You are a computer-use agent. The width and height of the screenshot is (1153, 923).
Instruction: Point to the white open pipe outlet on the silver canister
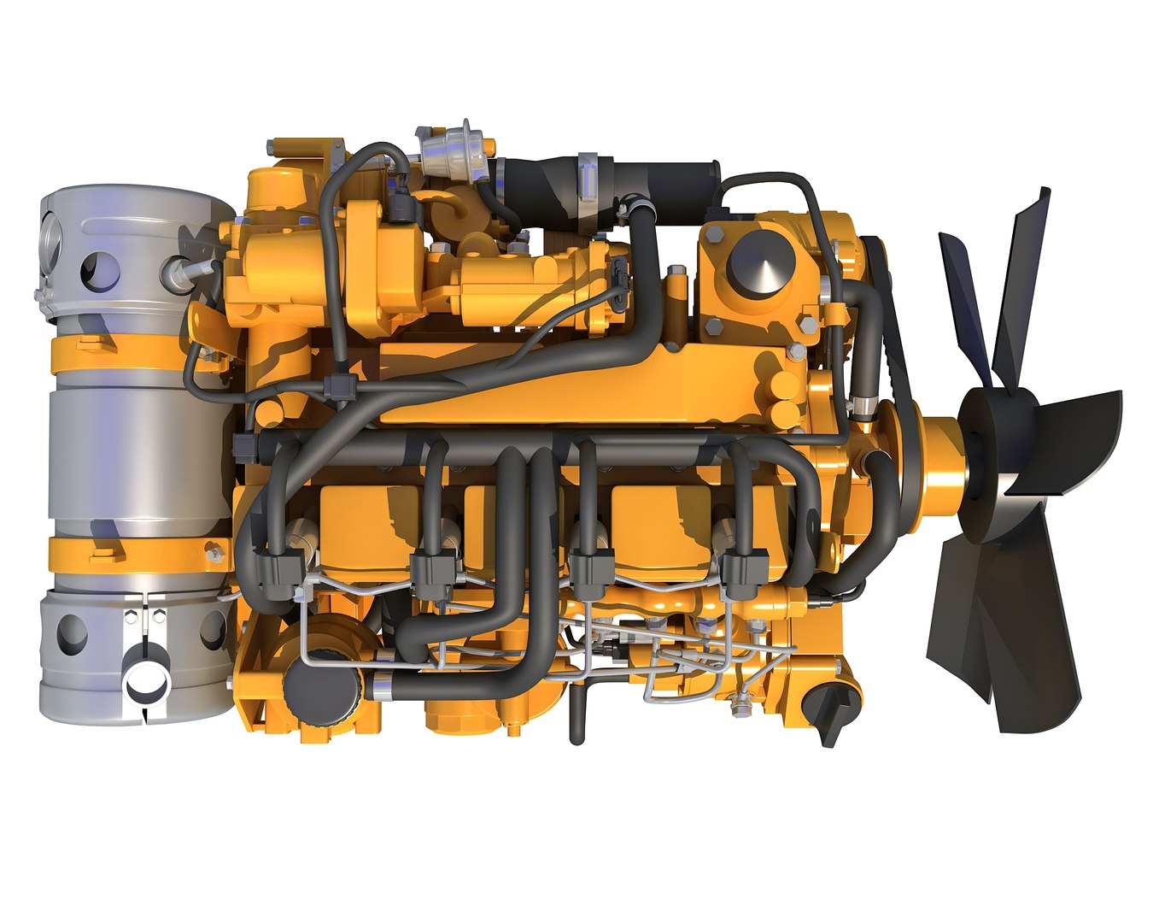(x=146, y=683)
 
